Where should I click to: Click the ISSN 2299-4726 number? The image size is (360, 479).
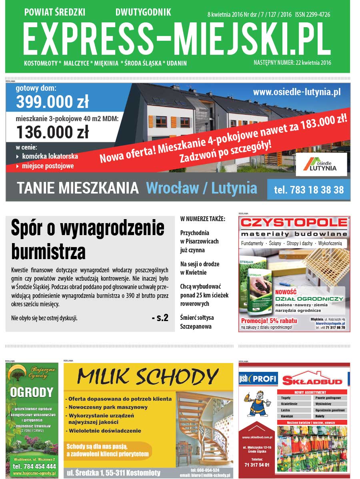313,14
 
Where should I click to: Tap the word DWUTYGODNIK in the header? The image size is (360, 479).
143,12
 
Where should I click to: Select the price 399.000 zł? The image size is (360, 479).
52,102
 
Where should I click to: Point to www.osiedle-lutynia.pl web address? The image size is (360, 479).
297,92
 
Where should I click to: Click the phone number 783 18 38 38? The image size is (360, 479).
309,190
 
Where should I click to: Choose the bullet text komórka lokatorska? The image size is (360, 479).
50,156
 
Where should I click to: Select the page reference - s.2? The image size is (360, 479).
160,318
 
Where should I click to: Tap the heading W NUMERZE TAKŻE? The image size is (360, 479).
203,219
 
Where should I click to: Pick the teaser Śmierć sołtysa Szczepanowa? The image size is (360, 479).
197,322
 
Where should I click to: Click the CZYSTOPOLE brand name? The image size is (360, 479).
294,223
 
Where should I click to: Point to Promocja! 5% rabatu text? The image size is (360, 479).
268,321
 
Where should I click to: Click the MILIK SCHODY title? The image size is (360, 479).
148,377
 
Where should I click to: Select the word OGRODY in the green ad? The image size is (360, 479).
32,392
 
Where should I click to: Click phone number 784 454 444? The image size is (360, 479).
34,466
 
